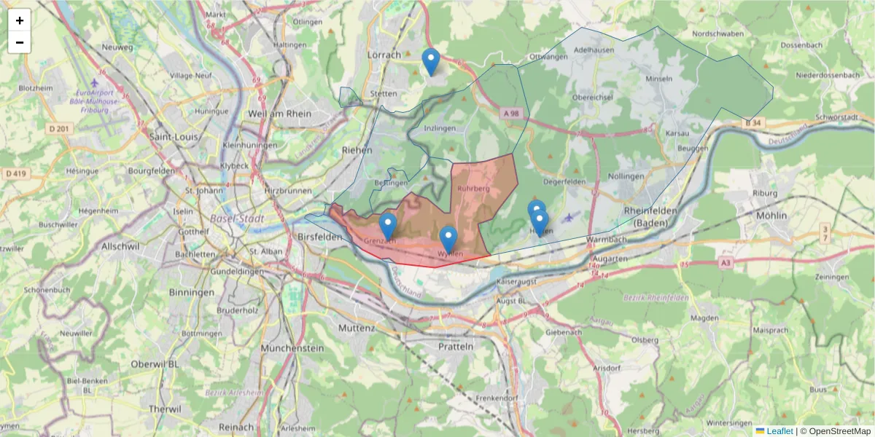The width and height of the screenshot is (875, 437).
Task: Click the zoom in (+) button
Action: pos(20,20)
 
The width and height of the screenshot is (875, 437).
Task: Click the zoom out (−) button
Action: pos(20,42)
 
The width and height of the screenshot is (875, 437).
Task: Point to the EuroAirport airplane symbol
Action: pos(95,82)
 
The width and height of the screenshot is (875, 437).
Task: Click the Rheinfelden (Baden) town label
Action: pos(645,216)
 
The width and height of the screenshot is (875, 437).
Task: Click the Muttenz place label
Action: pos(357,328)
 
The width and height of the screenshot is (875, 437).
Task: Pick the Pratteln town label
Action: pos(456,347)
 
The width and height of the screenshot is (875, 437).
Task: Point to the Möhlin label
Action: pos(774,216)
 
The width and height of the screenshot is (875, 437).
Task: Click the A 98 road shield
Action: pos(510,113)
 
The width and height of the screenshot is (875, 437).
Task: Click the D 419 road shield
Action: pos(15,173)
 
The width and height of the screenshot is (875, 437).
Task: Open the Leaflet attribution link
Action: pos(779,431)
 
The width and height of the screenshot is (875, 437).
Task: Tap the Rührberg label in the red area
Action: pos(473,189)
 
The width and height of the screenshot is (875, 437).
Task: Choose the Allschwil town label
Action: pos(120,247)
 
